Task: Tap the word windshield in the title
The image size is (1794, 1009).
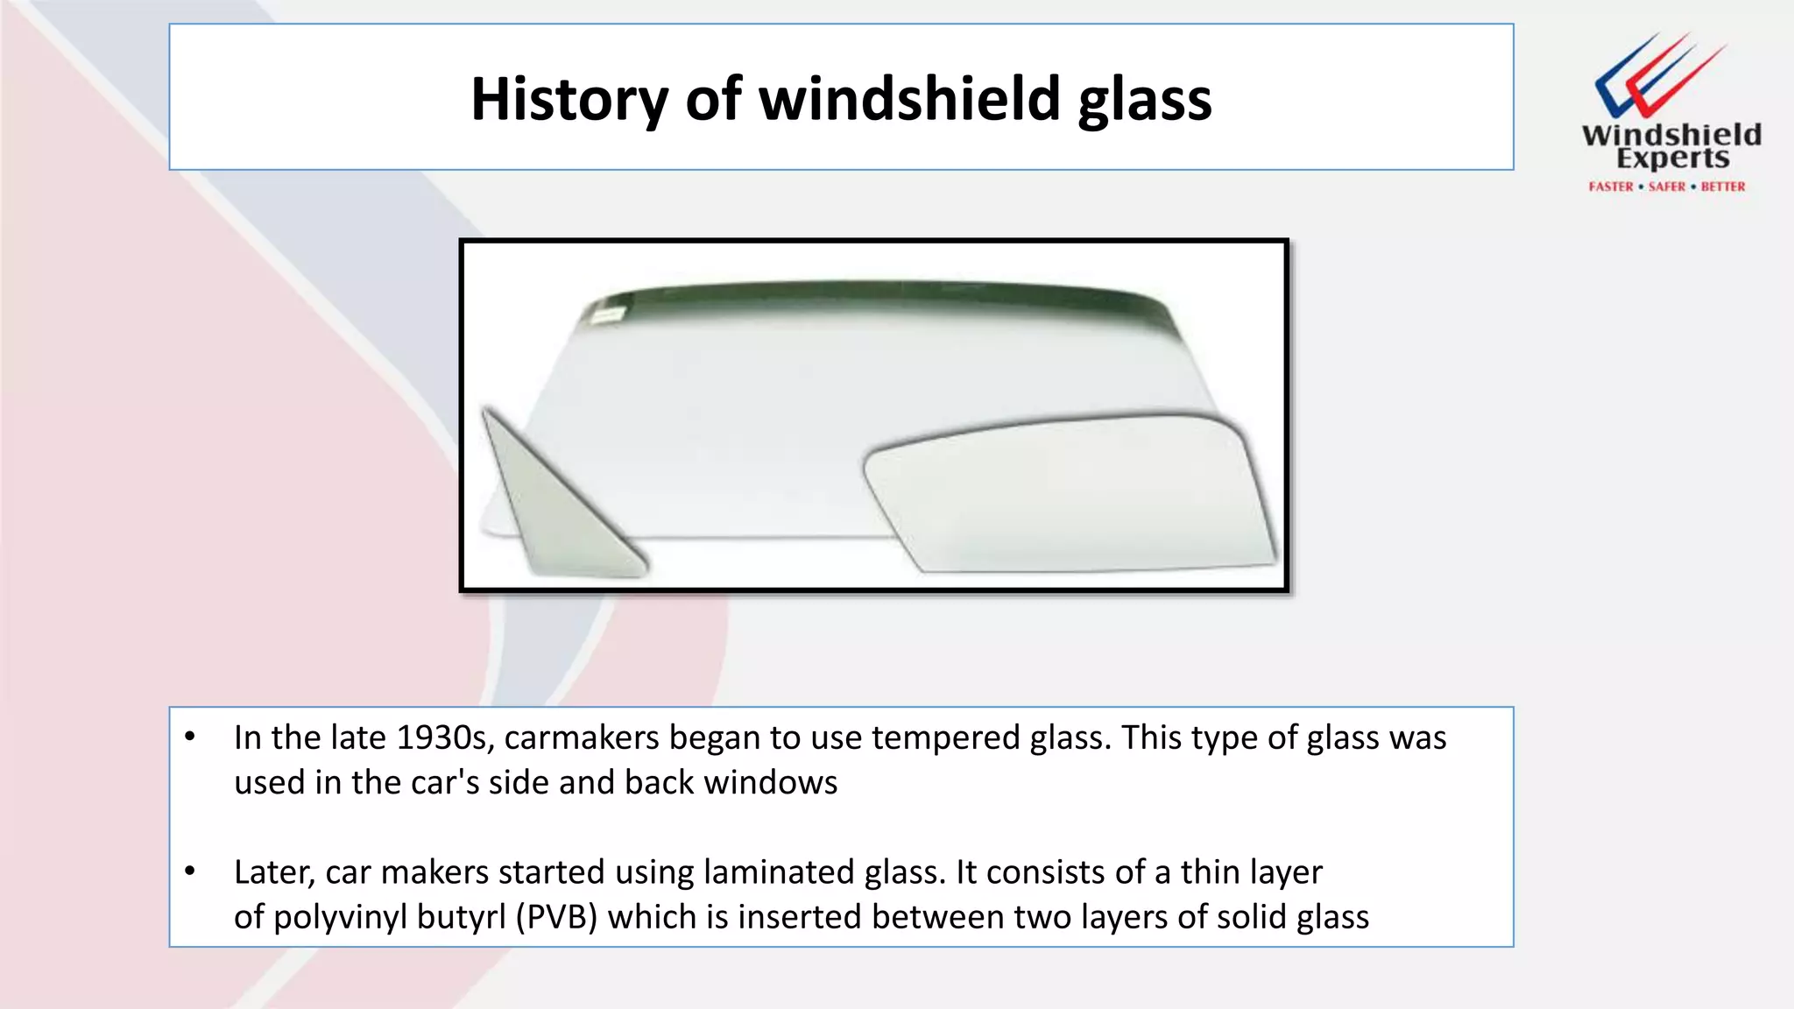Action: click(910, 99)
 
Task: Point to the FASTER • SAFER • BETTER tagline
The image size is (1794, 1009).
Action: click(1666, 187)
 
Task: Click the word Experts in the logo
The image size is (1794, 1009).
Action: click(1672, 159)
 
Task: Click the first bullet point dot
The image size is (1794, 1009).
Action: click(190, 737)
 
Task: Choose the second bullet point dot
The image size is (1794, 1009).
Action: click(190, 871)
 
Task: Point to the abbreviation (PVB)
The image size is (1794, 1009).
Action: click(556, 917)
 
